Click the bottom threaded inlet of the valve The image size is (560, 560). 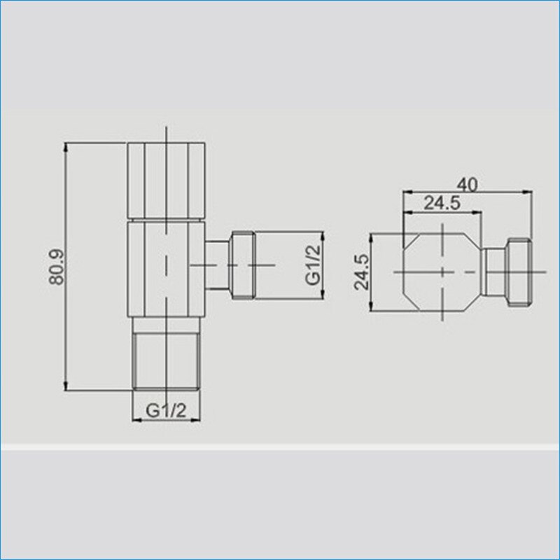coord(167,357)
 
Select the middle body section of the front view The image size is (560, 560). coord(167,269)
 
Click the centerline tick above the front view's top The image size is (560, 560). coord(167,134)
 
